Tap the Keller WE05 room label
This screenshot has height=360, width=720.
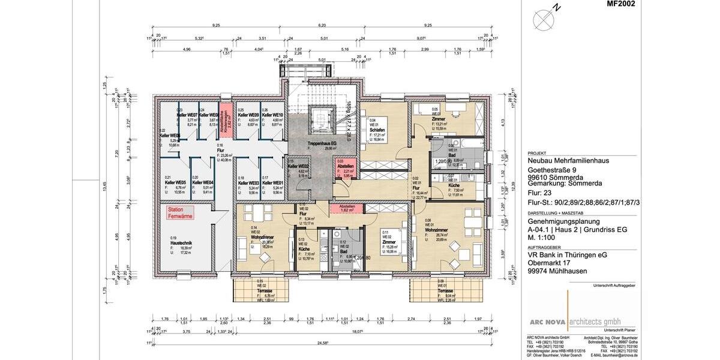click(x=175, y=182)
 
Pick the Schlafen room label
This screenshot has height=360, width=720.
click(x=377, y=130)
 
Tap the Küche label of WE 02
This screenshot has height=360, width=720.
click(x=304, y=248)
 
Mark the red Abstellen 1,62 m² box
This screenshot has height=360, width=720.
click(x=347, y=208)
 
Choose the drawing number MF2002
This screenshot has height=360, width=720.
click(x=620, y=4)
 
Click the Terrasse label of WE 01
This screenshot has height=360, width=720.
click(x=445, y=290)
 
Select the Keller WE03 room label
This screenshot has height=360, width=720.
click(x=248, y=182)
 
